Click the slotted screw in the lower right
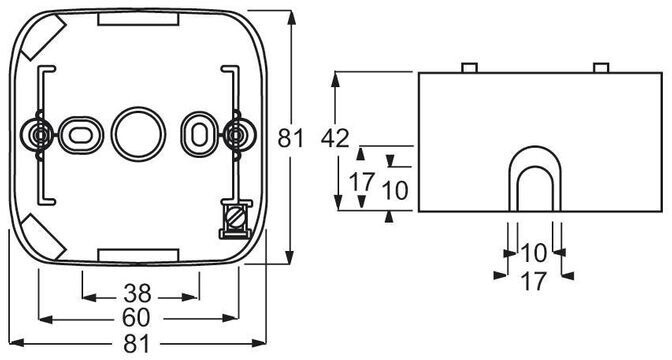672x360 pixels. tap(236, 219)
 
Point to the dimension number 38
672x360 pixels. tap(138, 294)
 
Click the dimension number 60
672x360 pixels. tap(136, 318)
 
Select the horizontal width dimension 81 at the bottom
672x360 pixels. tap(138, 344)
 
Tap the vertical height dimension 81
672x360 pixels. tap(291, 138)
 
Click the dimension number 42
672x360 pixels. tap(335, 138)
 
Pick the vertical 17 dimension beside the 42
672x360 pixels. tap(362, 182)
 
